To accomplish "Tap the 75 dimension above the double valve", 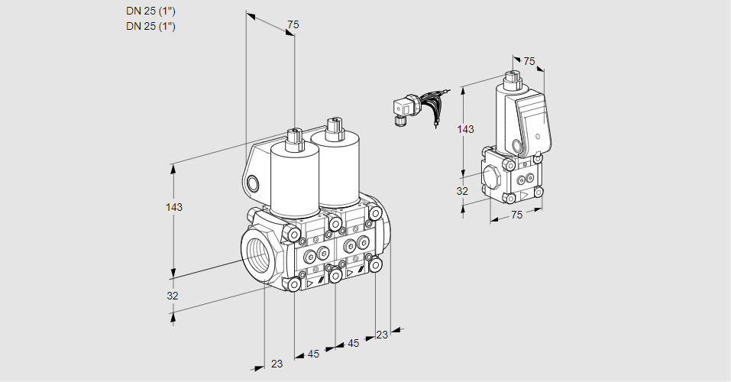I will (x=293, y=25).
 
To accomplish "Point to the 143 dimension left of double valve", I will (x=174, y=207).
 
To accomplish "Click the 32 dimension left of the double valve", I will (x=173, y=296).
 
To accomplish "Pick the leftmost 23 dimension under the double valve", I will (x=277, y=364).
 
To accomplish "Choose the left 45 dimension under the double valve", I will (x=313, y=354).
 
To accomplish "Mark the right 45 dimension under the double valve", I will (x=353, y=344).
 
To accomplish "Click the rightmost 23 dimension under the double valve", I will (x=382, y=335).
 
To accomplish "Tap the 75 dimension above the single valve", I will (x=529, y=61).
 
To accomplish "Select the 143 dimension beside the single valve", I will (x=464, y=129).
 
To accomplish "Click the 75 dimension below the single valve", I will (x=516, y=215).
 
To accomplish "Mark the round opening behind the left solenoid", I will (x=253, y=183).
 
